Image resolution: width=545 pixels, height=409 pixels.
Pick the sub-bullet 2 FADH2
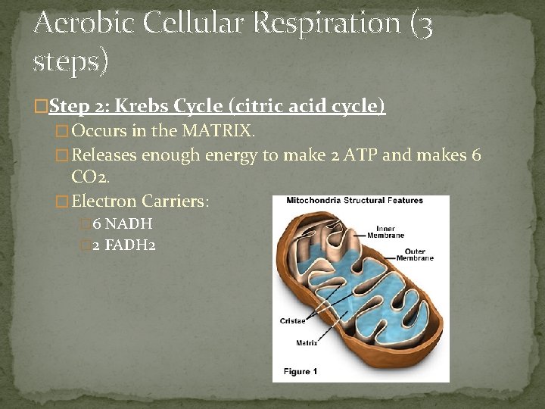(x=124, y=245)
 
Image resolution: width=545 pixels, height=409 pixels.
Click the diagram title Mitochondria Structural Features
(x=354, y=201)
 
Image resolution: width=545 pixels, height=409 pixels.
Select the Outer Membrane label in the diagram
(x=415, y=255)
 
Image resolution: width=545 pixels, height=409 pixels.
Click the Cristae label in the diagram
(x=292, y=321)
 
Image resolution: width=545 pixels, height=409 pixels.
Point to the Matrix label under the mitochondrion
(x=307, y=343)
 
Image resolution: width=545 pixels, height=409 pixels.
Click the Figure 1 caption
(x=301, y=371)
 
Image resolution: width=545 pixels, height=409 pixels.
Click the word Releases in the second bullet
(x=105, y=155)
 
